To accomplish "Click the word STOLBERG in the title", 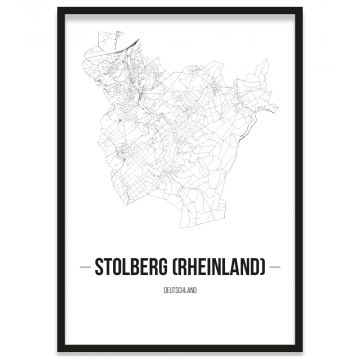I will point(138,268).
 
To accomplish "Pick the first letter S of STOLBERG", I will point(99,268).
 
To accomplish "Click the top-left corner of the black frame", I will point(58,9).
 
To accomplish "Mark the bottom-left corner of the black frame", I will point(58,350).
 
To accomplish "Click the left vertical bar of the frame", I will point(58,180).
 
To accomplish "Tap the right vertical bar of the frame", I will point(301,180).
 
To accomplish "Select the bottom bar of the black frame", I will point(180,350).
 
